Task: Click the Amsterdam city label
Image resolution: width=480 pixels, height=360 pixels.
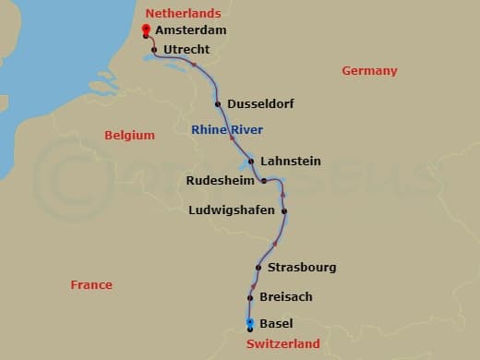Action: click(x=191, y=30)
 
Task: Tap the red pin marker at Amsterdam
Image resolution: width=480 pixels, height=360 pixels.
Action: click(x=146, y=30)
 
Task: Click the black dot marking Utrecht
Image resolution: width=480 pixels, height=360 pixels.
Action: click(x=154, y=49)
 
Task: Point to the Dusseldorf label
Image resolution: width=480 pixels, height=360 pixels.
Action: click(x=260, y=104)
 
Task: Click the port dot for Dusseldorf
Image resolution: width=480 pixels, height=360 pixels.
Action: click(x=218, y=104)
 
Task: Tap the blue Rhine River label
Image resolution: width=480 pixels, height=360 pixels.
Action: click(x=228, y=130)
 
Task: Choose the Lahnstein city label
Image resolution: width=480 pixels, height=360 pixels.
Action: click(x=291, y=161)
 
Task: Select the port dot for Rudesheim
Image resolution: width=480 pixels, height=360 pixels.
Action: click(x=264, y=181)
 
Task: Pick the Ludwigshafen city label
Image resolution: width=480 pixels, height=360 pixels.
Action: click(x=231, y=210)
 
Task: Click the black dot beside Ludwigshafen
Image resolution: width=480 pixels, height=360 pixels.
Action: click(x=284, y=211)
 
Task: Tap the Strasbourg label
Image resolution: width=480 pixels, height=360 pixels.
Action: click(x=302, y=268)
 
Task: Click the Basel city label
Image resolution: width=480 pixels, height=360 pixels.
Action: click(x=277, y=324)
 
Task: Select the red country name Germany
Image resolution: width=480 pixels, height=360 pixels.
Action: click(x=369, y=71)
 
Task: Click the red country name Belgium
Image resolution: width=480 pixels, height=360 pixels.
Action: click(x=129, y=135)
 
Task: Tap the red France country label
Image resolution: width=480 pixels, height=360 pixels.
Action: click(x=91, y=285)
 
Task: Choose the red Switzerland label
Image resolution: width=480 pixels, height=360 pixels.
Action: click(x=283, y=344)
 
